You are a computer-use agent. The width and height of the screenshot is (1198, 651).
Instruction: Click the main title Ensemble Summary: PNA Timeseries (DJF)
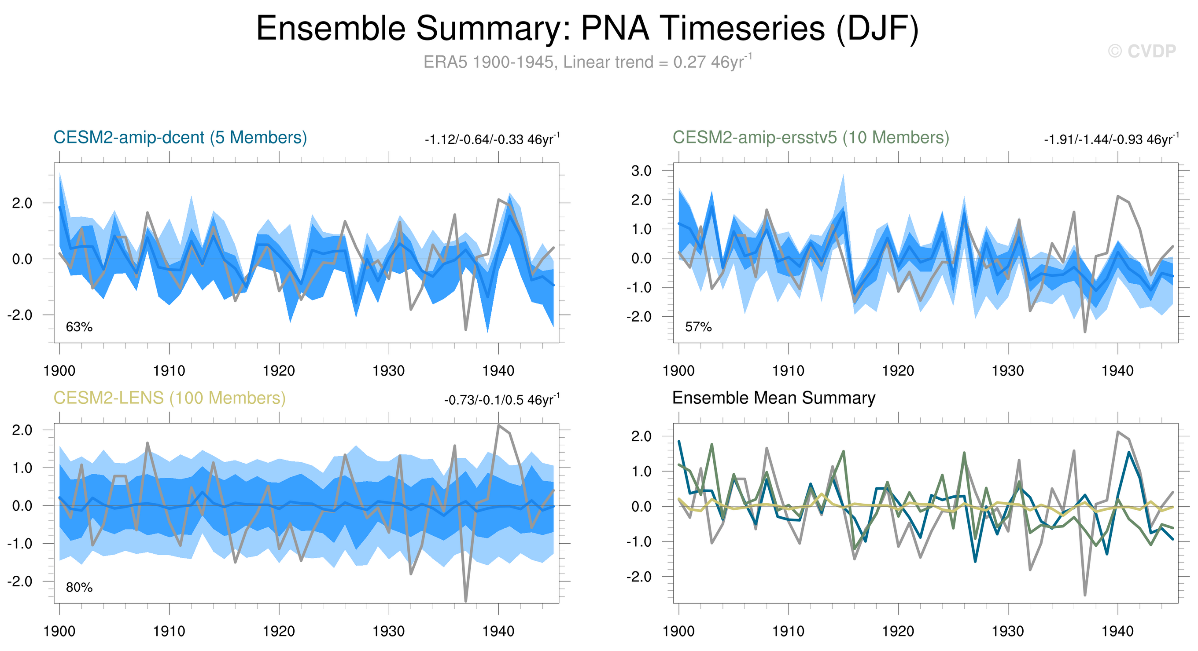587,29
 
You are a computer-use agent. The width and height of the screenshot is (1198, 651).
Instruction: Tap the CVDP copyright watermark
1142,51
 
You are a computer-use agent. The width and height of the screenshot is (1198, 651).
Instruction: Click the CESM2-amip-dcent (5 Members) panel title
180,138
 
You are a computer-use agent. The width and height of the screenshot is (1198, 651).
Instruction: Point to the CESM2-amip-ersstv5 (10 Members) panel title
811,138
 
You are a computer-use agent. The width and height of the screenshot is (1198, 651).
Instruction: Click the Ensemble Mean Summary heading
774,398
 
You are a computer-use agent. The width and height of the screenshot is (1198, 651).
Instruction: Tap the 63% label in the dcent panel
79,327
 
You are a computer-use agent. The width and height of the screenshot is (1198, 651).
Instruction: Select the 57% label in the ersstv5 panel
698,327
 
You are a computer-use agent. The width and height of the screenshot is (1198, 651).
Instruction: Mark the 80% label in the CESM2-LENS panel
79,588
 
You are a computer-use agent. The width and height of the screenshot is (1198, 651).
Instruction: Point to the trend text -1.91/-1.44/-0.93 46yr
1111,139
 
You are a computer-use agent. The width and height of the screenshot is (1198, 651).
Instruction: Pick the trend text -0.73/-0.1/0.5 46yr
501,400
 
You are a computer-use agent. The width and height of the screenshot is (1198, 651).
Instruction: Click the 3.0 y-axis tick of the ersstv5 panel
641,171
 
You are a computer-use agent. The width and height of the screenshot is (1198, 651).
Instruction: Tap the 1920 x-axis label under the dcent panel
279,371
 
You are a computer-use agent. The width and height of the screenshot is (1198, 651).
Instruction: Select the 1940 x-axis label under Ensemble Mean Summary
1117,632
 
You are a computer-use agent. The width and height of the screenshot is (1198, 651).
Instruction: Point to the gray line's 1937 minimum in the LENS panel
465,601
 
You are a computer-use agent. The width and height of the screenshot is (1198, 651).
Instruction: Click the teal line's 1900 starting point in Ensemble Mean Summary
679,442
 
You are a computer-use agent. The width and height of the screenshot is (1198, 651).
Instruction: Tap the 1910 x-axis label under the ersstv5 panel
788,371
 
